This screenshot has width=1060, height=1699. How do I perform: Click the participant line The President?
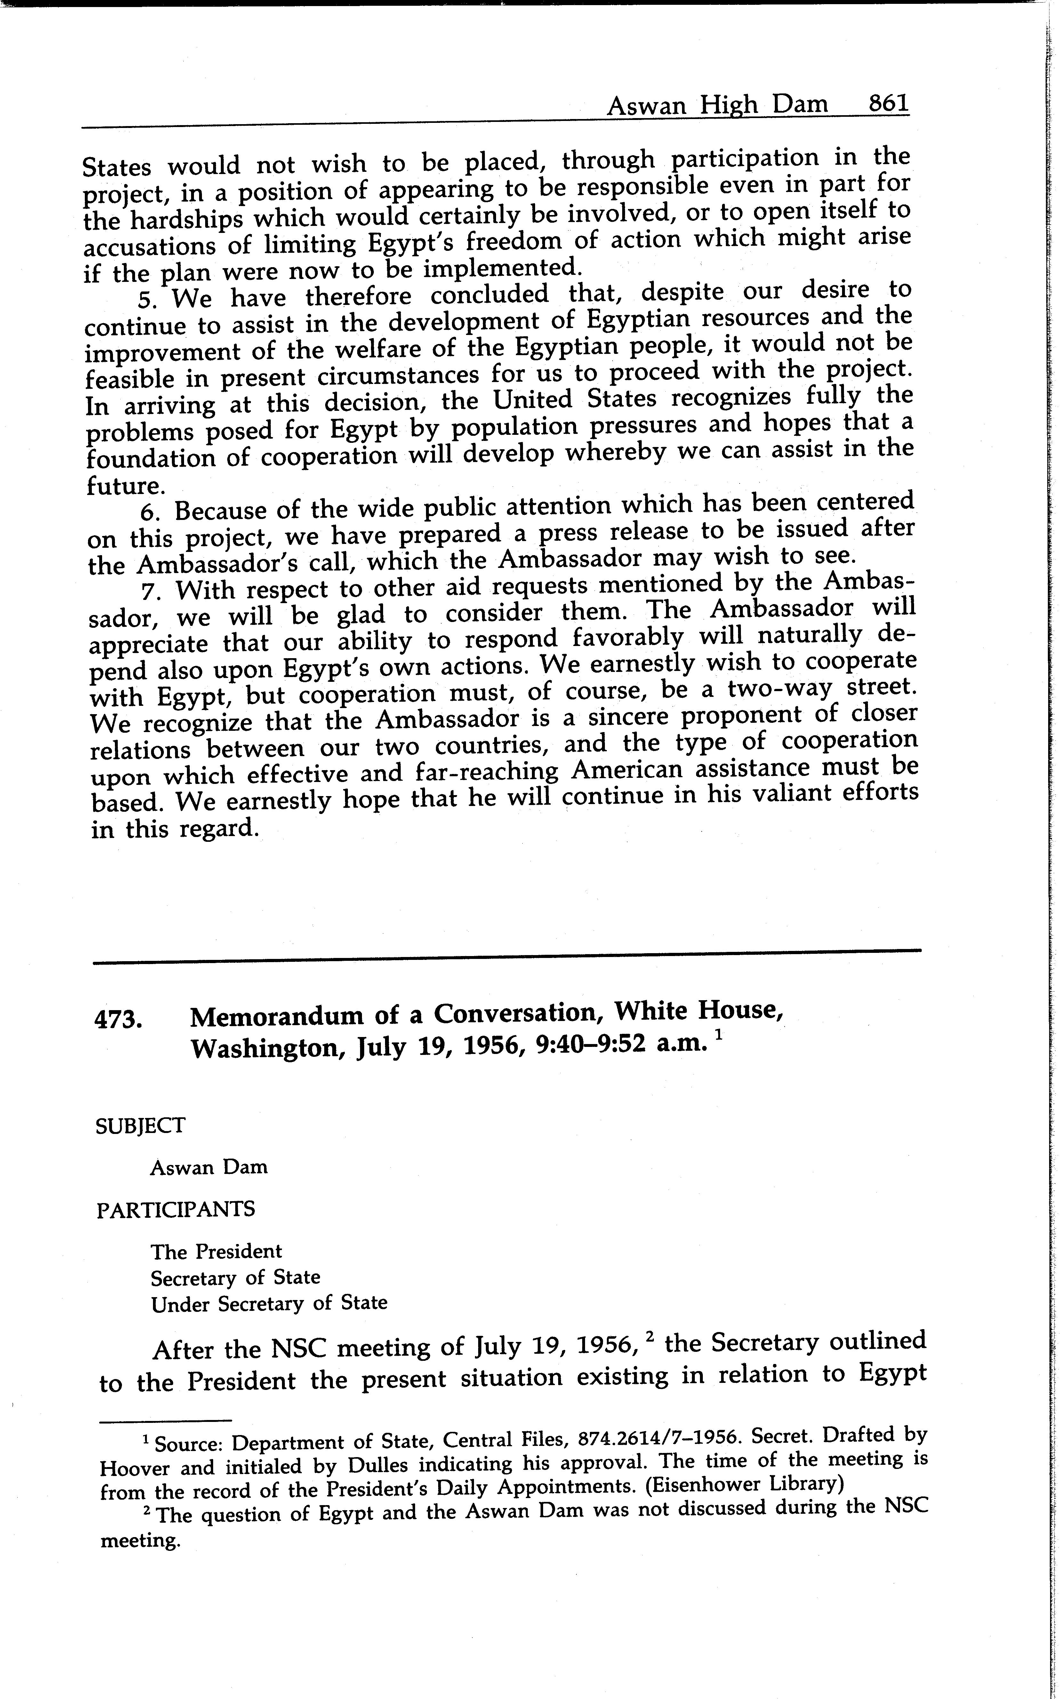point(216,1252)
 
